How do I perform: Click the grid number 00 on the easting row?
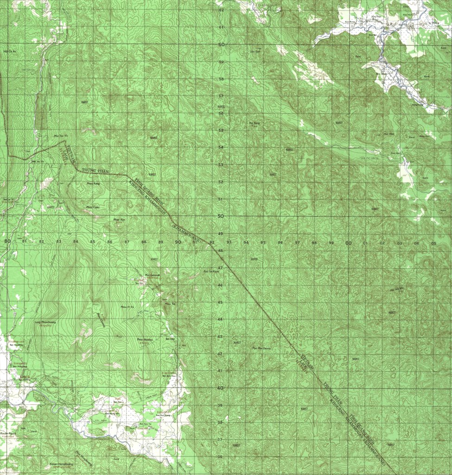pyautogui.click(x=348, y=243)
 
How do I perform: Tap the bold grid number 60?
pyautogui.click(x=222, y=45)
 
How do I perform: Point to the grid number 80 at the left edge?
pyautogui.click(x=7, y=241)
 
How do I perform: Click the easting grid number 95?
pyautogui.click(x=263, y=243)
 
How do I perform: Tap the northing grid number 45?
pyautogui.click(x=220, y=302)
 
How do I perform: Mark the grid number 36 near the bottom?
pyautogui.click(x=220, y=457)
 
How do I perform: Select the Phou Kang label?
pyautogui.click(x=93, y=184)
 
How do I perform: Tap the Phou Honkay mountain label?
pyautogui.click(x=145, y=339)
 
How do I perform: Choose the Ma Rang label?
pyautogui.click(x=255, y=123)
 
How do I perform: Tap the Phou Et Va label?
pyautogui.click(x=127, y=307)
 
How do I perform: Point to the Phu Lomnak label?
pyautogui.click(x=153, y=275)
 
